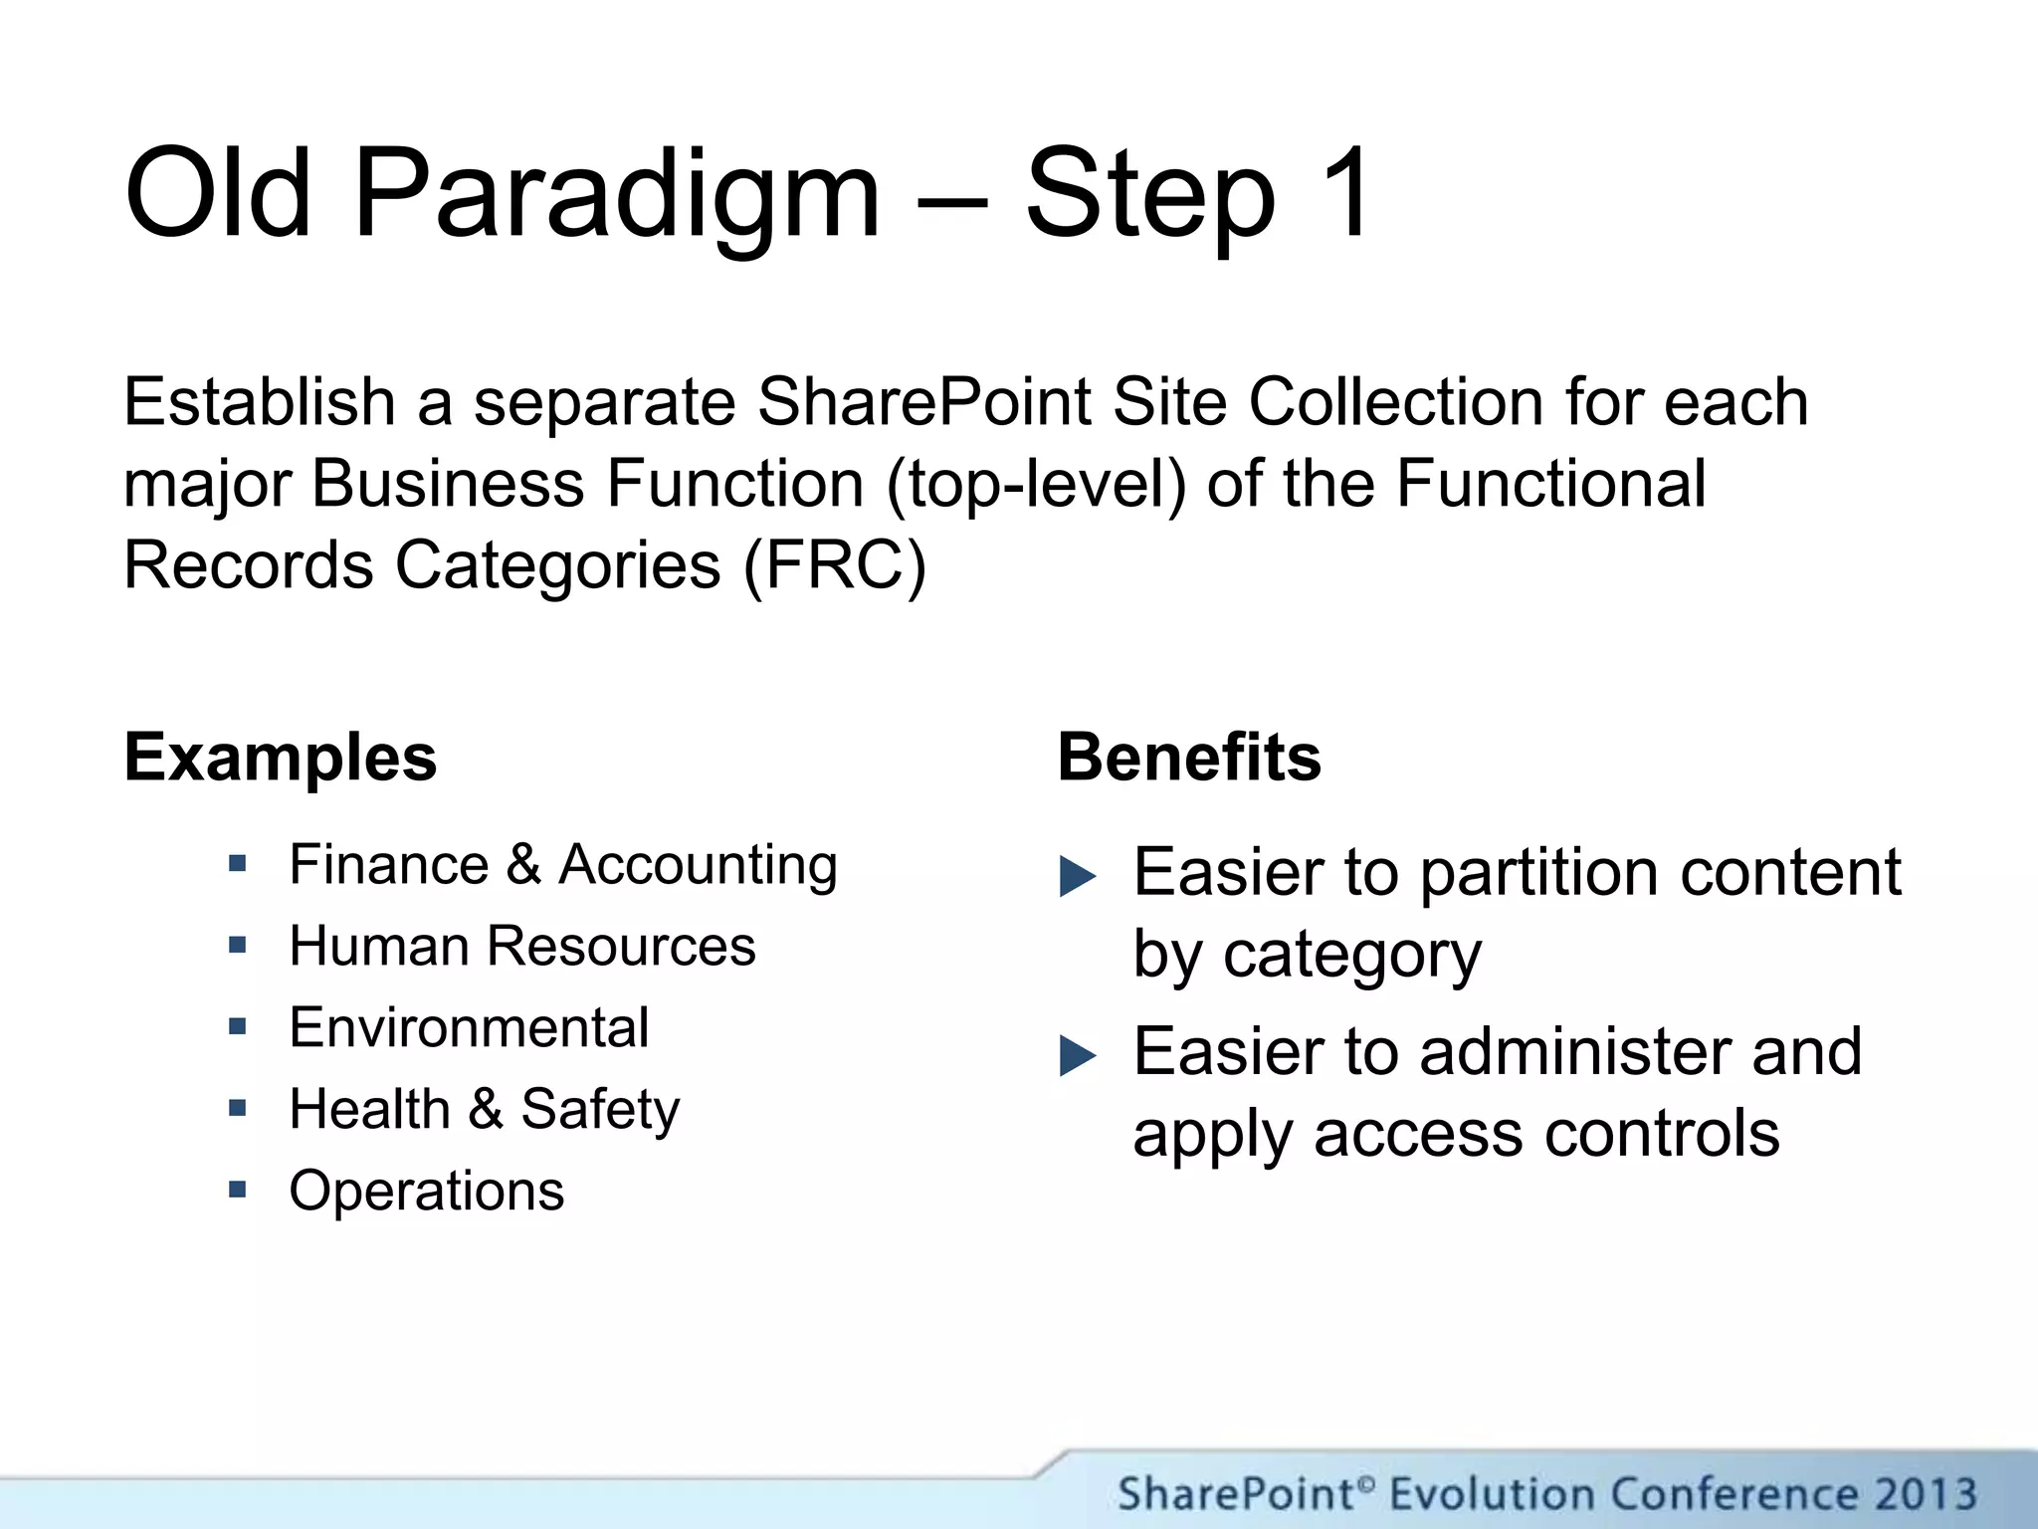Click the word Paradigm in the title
pos(617,194)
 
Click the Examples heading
pos(281,758)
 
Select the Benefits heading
pos(1189,758)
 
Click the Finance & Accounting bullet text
pos(563,864)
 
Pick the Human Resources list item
pos(522,946)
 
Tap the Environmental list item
pos(469,1027)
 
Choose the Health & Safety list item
pos(485,1109)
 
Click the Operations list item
pos(427,1191)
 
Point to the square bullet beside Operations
pos(237,1189)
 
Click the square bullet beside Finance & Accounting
pos(237,862)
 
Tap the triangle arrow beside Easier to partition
pos(1077,876)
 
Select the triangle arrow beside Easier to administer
pos(1077,1055)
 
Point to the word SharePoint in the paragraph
pos(925,402)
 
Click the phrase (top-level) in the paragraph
pos(1036,484)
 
